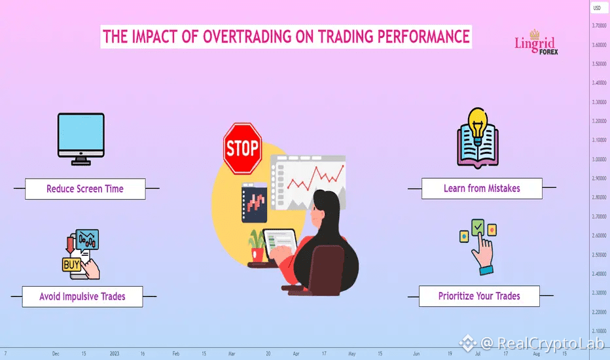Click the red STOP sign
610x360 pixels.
coord(242,149)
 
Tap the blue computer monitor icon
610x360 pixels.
coord(81,139)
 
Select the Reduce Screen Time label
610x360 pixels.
coord(85,189)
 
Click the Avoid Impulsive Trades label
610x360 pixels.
coord(82,297)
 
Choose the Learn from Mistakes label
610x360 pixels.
coord(482,189)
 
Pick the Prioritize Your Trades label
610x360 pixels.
coord(479,296)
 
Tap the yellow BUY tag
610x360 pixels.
coord(71,265)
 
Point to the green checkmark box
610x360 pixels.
coord(478,227)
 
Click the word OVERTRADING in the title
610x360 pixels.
coord(247,37)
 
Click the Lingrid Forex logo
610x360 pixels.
coord(536,43)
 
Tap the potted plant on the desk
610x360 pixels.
coord(257,245)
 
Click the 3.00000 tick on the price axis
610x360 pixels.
coord(599,159)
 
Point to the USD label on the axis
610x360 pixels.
coord(597,8)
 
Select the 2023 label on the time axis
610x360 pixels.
coord(115,353)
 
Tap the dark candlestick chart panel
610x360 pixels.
coord(255,203)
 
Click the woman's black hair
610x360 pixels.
coord(330,242)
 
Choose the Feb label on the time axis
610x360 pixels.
coord(176,353)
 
